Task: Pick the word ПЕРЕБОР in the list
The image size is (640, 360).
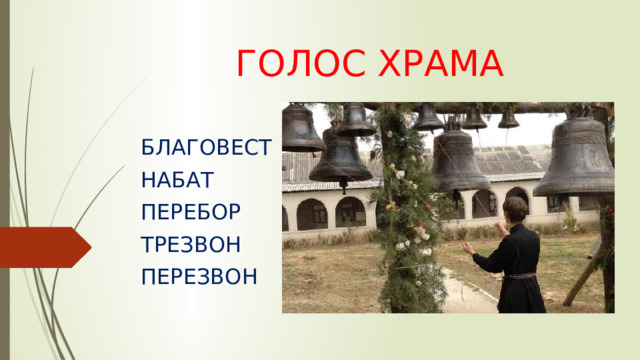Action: pyautogui.click(x=192, y=212)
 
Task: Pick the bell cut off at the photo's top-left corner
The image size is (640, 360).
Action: pyautogui.click(x=300, y=130)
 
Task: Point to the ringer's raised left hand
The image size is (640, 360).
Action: pyautogui.click(x=466, y=245)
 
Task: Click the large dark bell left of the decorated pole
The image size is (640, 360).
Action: pyautogui.click(x=340, y=158)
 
